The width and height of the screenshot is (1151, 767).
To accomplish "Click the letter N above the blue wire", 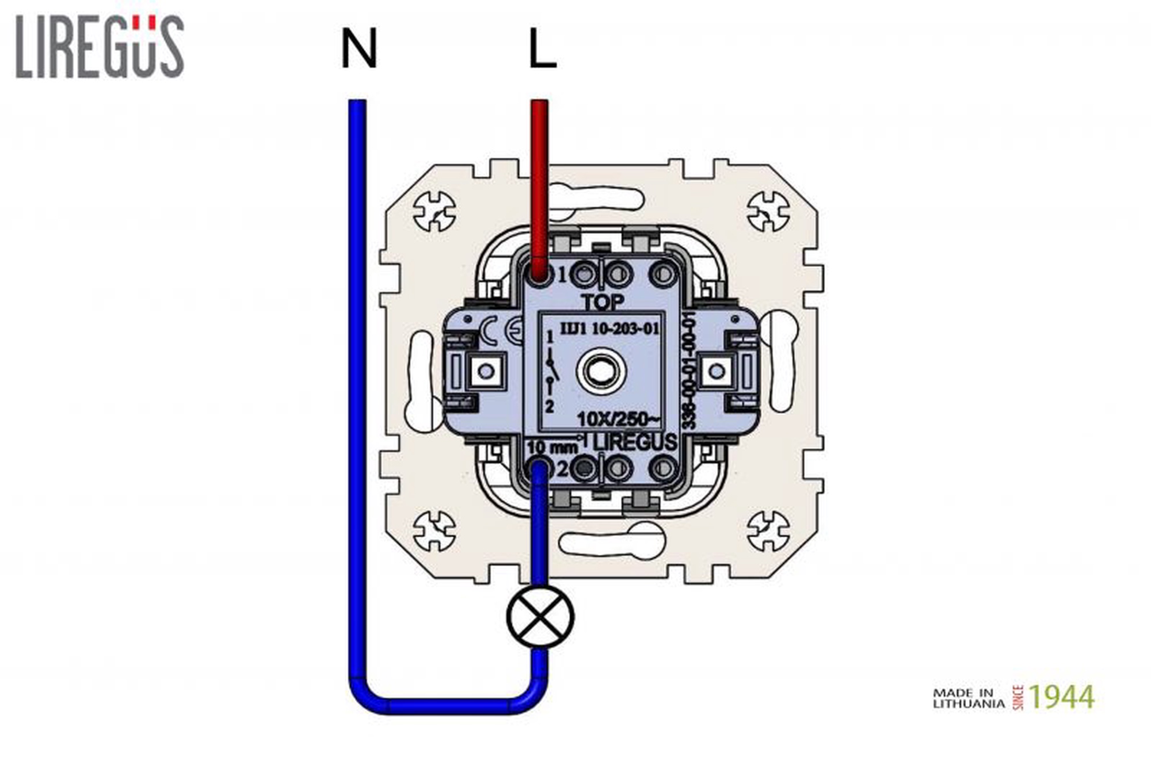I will click(x=359, y=49).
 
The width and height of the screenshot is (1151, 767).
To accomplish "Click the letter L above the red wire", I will click(x=542, y=49).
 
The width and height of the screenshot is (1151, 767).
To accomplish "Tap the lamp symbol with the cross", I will click(x=540, y=617).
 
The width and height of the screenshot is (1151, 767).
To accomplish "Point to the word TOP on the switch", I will click(x=602, y=302).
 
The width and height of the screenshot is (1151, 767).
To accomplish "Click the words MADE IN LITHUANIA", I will click(x=969, y=697).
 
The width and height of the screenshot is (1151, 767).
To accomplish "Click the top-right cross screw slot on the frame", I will click(x=768, y=212).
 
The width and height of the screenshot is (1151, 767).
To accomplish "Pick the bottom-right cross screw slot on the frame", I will click(x=768, y=531).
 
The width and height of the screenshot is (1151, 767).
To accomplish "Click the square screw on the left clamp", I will click(x=486, y=371).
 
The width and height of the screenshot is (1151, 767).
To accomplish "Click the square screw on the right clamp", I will click(x=716, y=371).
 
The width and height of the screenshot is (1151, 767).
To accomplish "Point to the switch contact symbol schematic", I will click(x=551, y=371).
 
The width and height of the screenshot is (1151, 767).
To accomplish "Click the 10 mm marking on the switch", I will click(x=552, y=447).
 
